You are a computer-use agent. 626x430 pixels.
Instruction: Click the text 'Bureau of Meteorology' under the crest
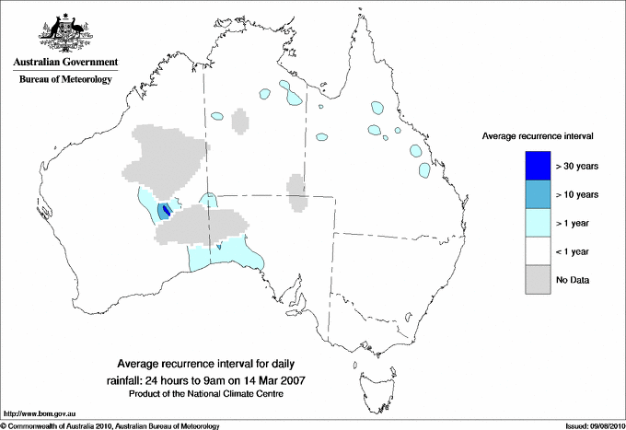click(x=65, y=80)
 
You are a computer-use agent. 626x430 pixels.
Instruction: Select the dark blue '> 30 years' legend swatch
click(x=539, y=165)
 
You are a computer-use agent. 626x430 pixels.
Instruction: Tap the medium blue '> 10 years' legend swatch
click(x=539, y=193)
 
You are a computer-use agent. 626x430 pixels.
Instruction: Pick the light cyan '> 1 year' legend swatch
click(x=539, y=222)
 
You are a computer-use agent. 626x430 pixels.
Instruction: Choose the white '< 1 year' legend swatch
click(x=539, y=250)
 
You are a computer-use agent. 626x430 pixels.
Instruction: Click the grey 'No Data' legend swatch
click(x=539, y=279)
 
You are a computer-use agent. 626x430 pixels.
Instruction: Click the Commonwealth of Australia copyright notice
click(x=110, y=425)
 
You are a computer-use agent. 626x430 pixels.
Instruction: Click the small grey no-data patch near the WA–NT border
click(x=240, y=122)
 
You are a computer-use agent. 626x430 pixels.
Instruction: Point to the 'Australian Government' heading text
click(x=65, y=63)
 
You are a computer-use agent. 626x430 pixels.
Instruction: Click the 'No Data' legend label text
click(x=572, y=280)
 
